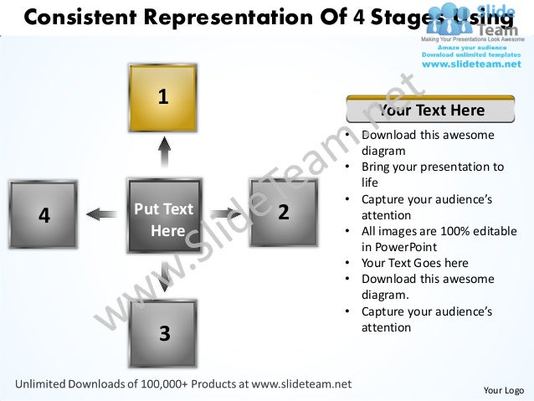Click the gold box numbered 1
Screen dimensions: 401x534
click(x=163, y=98)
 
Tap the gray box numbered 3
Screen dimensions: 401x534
click(x=164, y=333)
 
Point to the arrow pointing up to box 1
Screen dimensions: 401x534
click(x=164, y=154)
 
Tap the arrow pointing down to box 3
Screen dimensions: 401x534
click(x=164, y=277)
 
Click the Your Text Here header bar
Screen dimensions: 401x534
click(x=431, y=111)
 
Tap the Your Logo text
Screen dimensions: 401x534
click(x=504, y=390)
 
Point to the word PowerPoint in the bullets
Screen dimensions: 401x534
click(x=397, y=247)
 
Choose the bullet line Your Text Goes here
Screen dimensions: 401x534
click(x=414, y=263)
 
